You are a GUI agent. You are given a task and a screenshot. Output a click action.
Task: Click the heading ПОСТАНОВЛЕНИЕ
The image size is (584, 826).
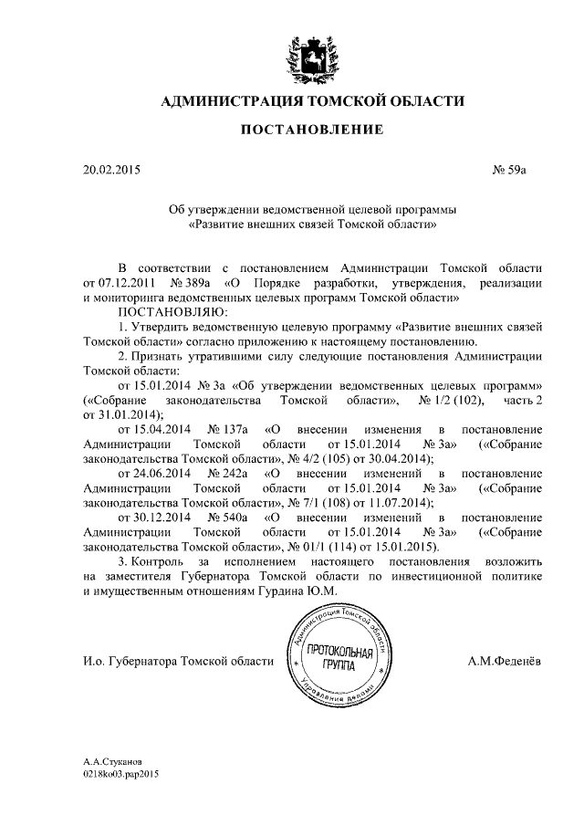click(311, 131)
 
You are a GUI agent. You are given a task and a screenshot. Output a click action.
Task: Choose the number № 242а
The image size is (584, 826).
click(227, 474)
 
